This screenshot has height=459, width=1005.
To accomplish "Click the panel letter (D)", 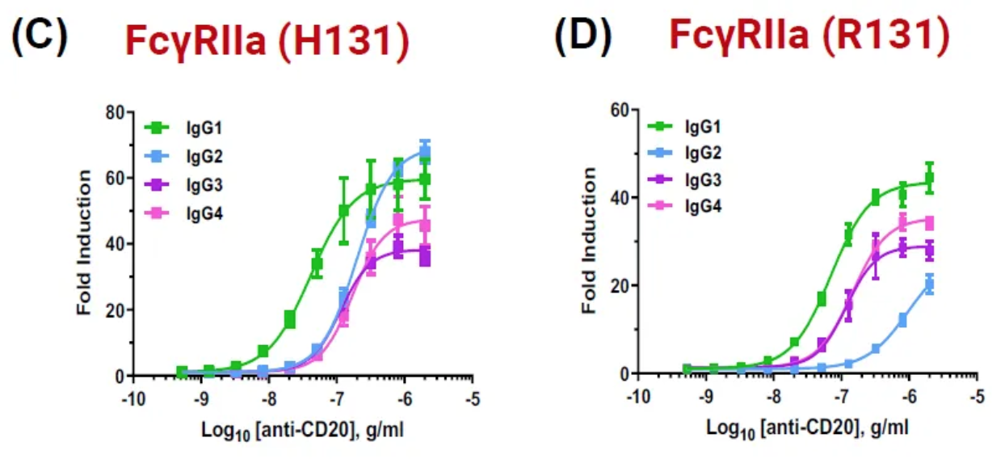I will tap(583, 39).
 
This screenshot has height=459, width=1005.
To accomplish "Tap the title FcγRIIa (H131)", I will tap(267, 40).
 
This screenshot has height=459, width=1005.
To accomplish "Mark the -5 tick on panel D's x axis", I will tap(978, 397).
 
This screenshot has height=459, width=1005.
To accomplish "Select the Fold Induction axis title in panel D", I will tap(591, 241).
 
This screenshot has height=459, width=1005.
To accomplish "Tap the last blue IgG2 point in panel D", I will tap(930, 284).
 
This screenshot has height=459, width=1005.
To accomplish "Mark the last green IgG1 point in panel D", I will tap(930, 179).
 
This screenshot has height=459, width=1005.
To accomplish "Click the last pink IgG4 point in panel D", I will tap(930, 222).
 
